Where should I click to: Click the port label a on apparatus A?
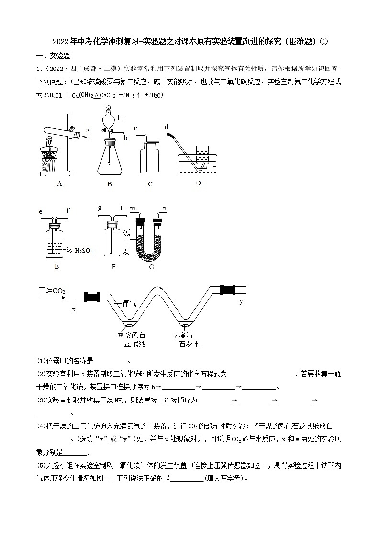(88, 130)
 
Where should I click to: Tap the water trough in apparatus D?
(197, 165)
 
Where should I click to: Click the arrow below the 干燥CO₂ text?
(52, 298)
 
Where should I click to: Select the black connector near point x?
(91, 297)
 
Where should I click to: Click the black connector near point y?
(228, 289)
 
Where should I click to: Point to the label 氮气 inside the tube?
(129, 303)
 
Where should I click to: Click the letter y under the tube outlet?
(241, 301)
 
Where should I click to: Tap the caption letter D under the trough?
(198, 183)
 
